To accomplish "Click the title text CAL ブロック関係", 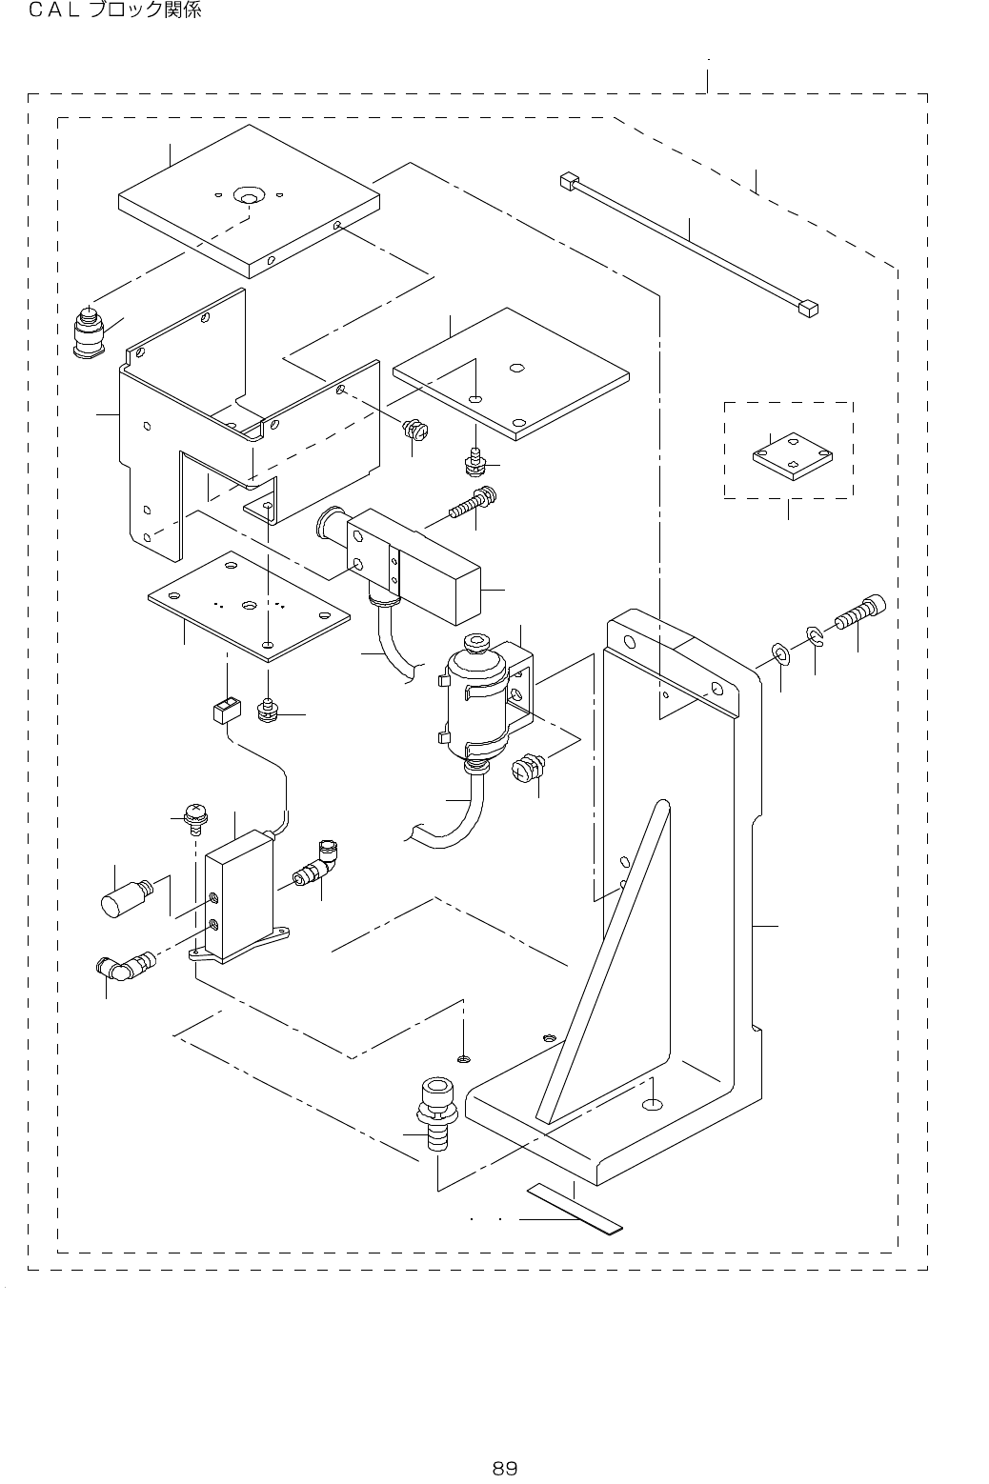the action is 114,10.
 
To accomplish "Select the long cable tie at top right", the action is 690,245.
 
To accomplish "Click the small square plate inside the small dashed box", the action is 793,455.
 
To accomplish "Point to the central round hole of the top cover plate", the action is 250,196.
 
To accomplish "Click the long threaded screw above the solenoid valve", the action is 474,502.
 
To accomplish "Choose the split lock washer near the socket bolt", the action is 815,636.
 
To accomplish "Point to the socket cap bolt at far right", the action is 859,612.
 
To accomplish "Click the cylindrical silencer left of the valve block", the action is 126,897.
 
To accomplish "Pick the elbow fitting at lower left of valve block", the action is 125,967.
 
